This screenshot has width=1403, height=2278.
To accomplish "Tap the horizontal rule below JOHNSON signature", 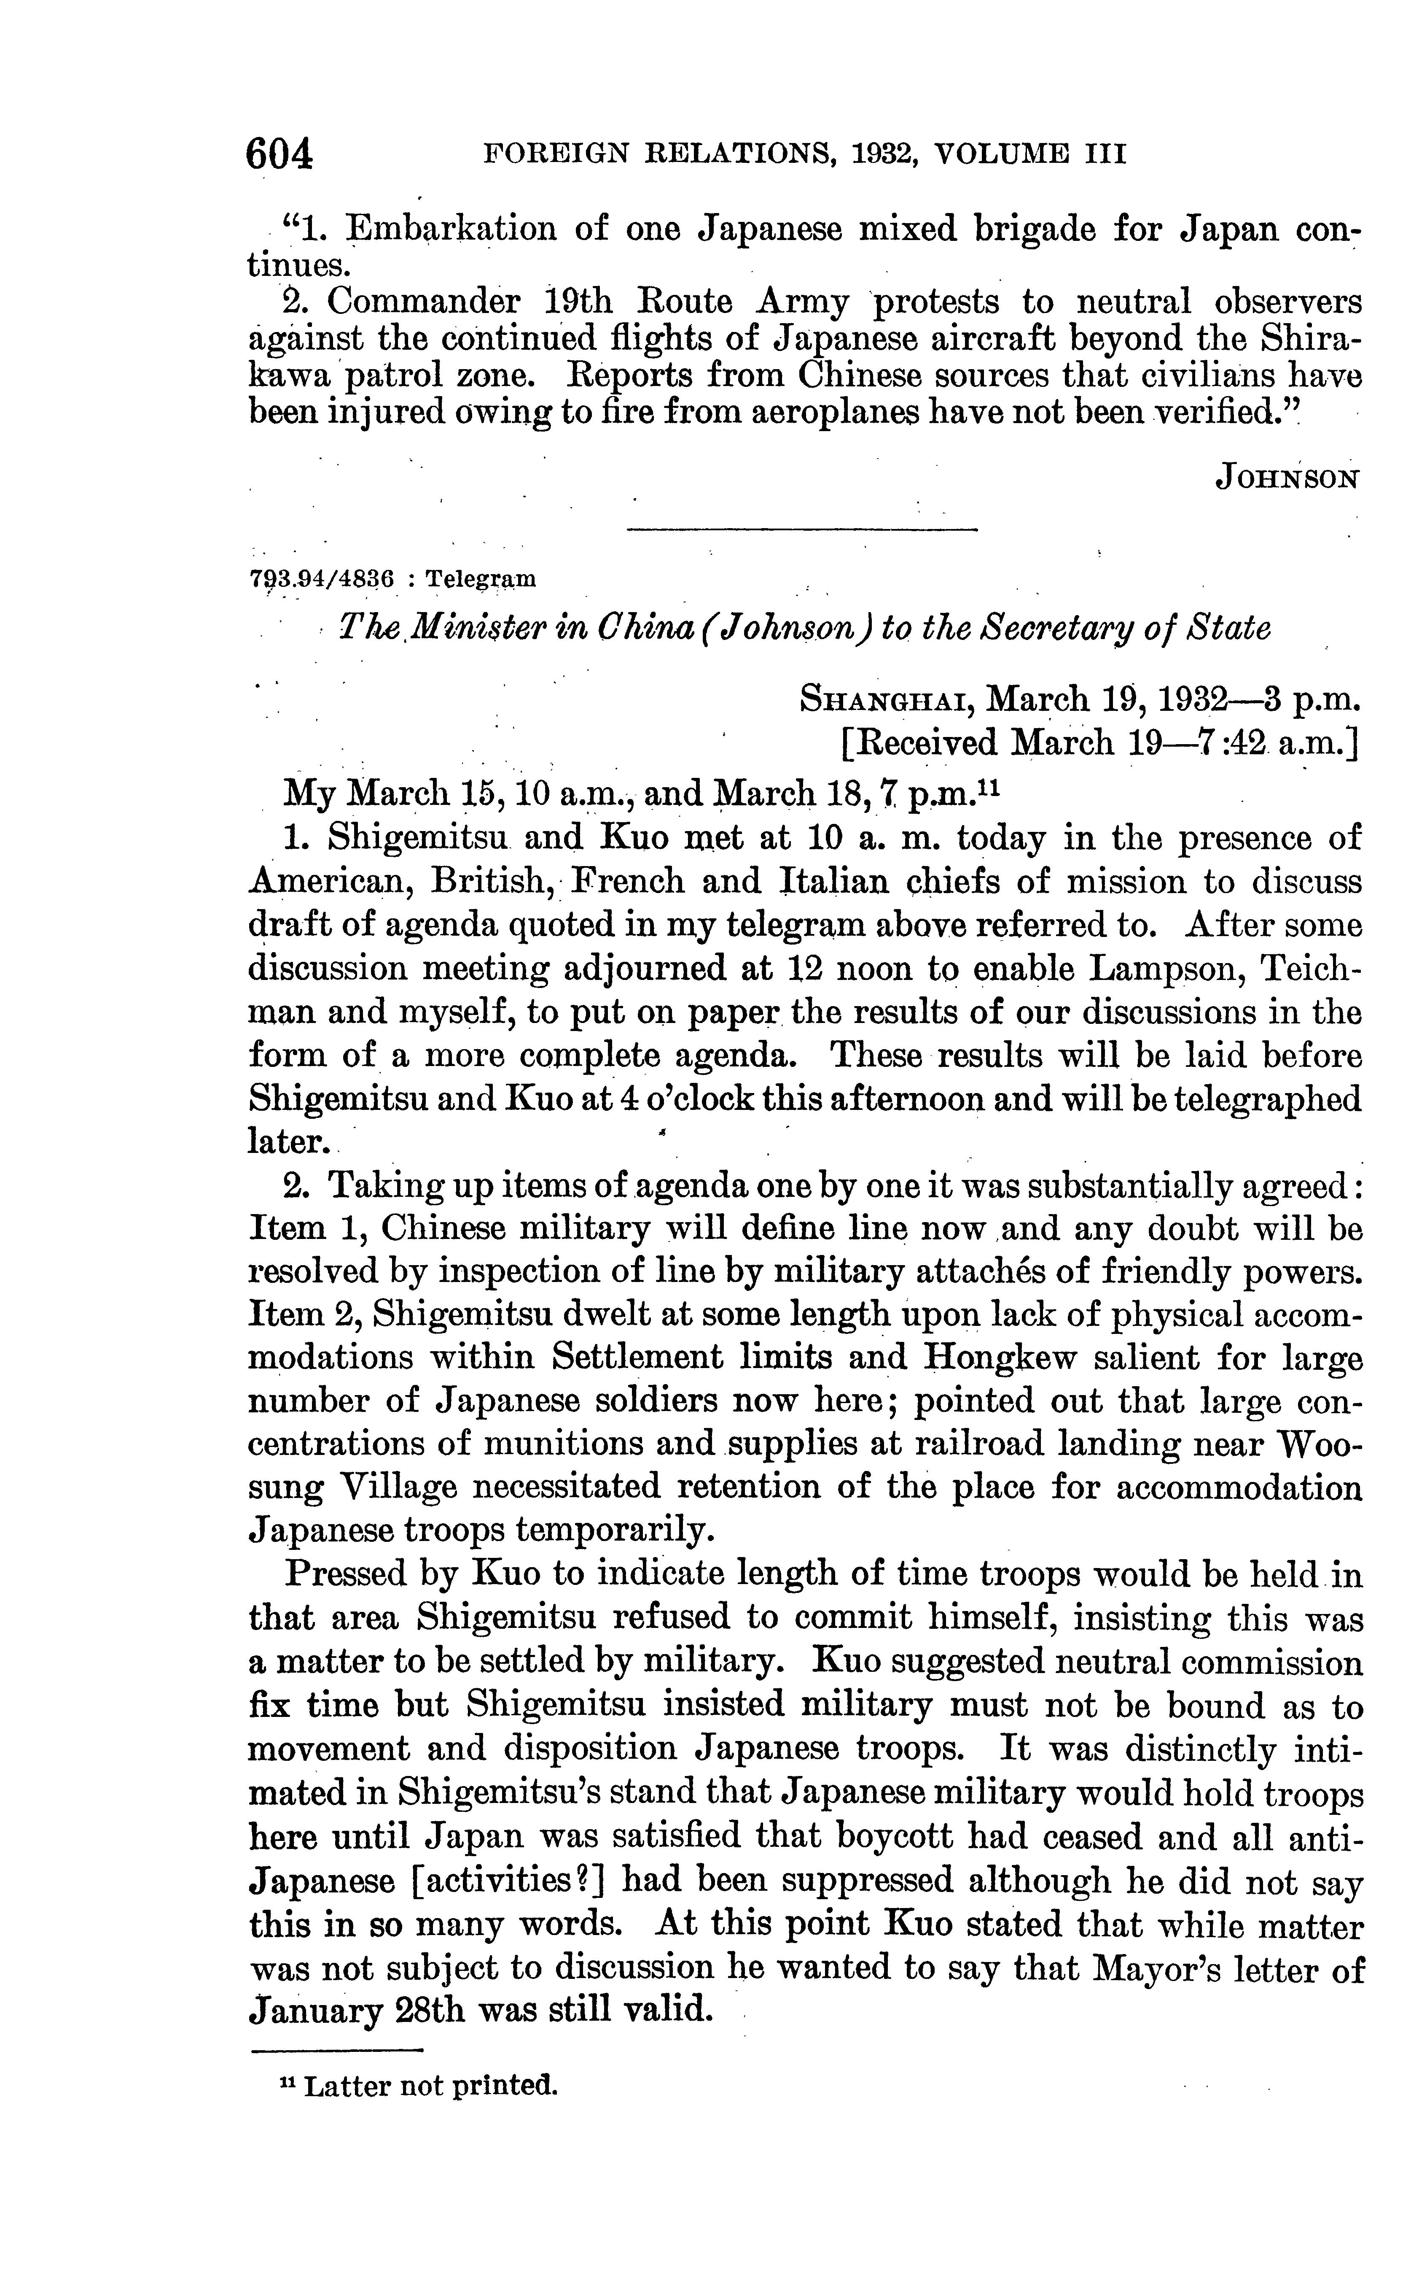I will pyautogui.click(x=803, y=529).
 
